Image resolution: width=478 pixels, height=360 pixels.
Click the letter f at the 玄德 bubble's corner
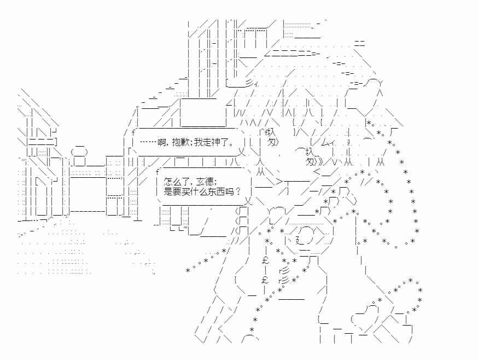[x=158, y=172]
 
